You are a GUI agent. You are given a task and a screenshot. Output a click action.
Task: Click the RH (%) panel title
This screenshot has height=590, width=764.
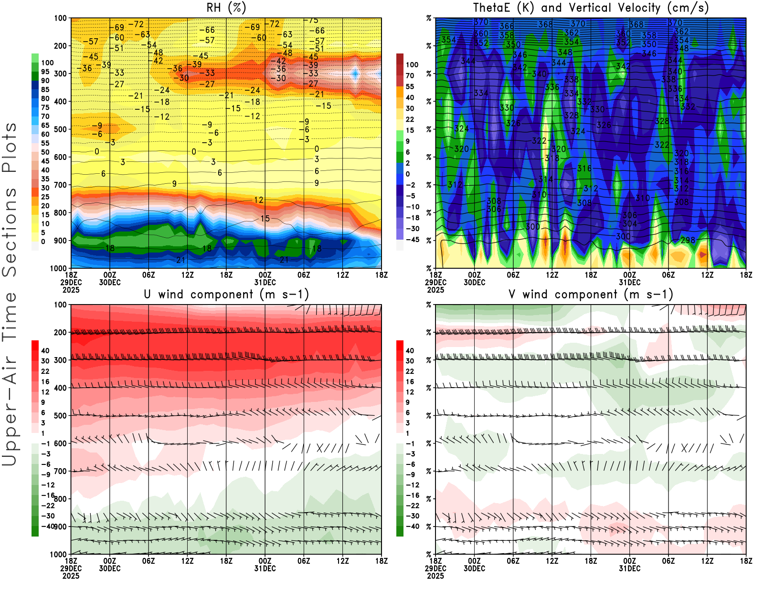(x=226, y=8)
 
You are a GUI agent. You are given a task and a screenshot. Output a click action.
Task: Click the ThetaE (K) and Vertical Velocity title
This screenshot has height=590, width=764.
(x=591, y=8)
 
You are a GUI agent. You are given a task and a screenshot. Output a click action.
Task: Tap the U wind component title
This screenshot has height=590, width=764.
(x=226, y=295)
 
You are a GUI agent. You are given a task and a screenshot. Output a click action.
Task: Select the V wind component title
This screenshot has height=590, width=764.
(x=591, y=295)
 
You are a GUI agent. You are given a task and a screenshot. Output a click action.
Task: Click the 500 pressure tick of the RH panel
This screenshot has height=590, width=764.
(x=60, y=129)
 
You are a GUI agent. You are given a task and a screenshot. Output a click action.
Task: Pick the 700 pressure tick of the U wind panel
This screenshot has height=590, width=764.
(x=60, y=472)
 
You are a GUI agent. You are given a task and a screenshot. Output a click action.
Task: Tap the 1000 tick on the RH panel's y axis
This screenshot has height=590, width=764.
(x=58, y=268)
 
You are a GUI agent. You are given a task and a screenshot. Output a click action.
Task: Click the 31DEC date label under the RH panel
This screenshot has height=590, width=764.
(x=265, y=282)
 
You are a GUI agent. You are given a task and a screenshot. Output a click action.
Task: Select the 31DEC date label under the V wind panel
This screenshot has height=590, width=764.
(x=630, y=569)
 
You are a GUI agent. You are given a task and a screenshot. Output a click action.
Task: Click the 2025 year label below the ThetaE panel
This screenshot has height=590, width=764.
(x=435, y=290)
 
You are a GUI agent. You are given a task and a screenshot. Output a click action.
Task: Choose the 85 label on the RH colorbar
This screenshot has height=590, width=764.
(x=45, y=89)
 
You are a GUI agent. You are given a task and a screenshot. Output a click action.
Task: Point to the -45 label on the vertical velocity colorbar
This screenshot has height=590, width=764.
(x=412, y=240)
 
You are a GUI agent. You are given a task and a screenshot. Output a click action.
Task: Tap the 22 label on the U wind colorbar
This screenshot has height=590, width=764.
(x=45, y=371)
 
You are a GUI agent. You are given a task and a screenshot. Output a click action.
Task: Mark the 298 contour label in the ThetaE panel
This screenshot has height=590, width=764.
(x=688, y=240)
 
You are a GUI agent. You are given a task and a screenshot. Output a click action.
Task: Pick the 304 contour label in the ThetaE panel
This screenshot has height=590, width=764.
(x=630, y=224)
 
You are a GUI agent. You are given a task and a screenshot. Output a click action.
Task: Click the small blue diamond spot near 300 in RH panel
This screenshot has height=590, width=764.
(x=355, y=74)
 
